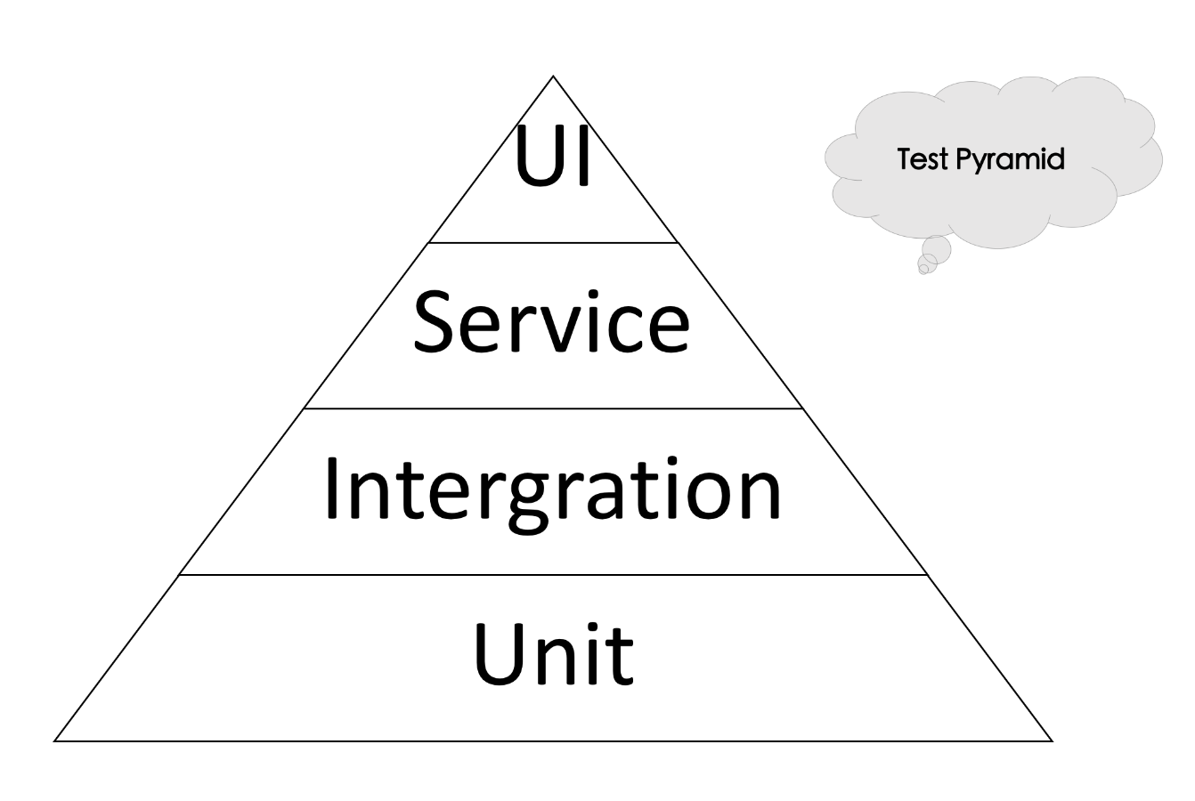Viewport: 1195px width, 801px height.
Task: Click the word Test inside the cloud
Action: click(x=921, y=160)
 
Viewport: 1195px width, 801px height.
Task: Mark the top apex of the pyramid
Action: click(x=553, y=76)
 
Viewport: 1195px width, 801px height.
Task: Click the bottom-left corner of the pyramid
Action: click(x=55, y=740)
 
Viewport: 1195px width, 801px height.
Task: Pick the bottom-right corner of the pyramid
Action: click(x=1052, y=740)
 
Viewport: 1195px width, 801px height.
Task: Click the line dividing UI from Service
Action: click(x=553, y=242)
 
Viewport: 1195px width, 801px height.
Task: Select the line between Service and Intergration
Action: click(x=553, y=409)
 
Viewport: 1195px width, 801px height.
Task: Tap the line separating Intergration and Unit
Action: click(x=553, y=575)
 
